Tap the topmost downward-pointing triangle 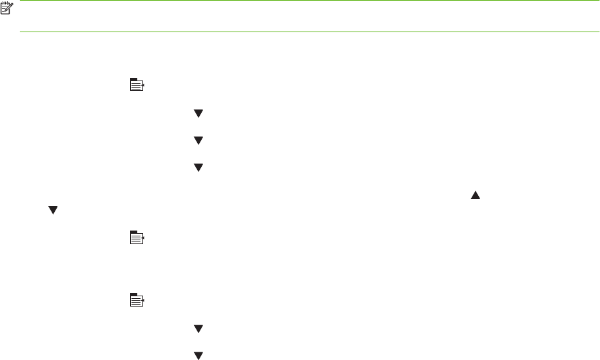(198, 114)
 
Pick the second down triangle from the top (198, 140)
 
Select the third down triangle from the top (198, 167)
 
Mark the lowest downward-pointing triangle (198, 355)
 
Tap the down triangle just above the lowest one (198, 329)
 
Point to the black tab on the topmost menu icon (133, 79)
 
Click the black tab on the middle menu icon (133, 232)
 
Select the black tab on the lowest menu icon (133, 294)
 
